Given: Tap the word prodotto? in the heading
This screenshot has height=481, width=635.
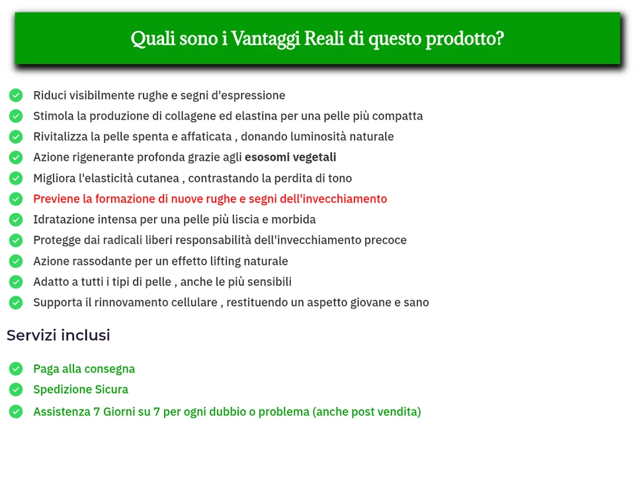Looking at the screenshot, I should pyautogui.click(x=464, y=38).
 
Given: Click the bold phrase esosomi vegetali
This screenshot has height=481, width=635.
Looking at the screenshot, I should pyautogui.click(x=290, y=157).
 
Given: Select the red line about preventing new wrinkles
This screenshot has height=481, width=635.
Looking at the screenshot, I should pyautogui.click(x=210, y=198).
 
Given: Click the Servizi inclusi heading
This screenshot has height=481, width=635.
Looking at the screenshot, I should pyautogui.click(x=58, y=335).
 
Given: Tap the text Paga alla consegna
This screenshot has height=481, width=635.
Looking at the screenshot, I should pyautogui.click(x=84, y=369).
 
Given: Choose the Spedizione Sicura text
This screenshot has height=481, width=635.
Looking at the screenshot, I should pyautogui.click(x=81, y=389).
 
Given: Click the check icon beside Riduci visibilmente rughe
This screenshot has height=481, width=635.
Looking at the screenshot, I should pyautogui.click(x=16, y=95).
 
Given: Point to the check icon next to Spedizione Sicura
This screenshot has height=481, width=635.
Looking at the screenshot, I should pyautogui.click(x=16, y=389).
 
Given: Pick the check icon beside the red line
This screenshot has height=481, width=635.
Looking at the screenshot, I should pyautogui.click(x=16, y=198).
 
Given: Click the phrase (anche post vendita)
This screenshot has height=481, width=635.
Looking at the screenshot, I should pyautogui.click(x=366, y=412).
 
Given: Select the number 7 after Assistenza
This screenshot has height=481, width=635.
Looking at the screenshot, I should pyautogui.click(x=97, y=412).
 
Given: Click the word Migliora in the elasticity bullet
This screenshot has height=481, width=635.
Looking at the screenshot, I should pyautogui.click(x=54, y=178).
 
